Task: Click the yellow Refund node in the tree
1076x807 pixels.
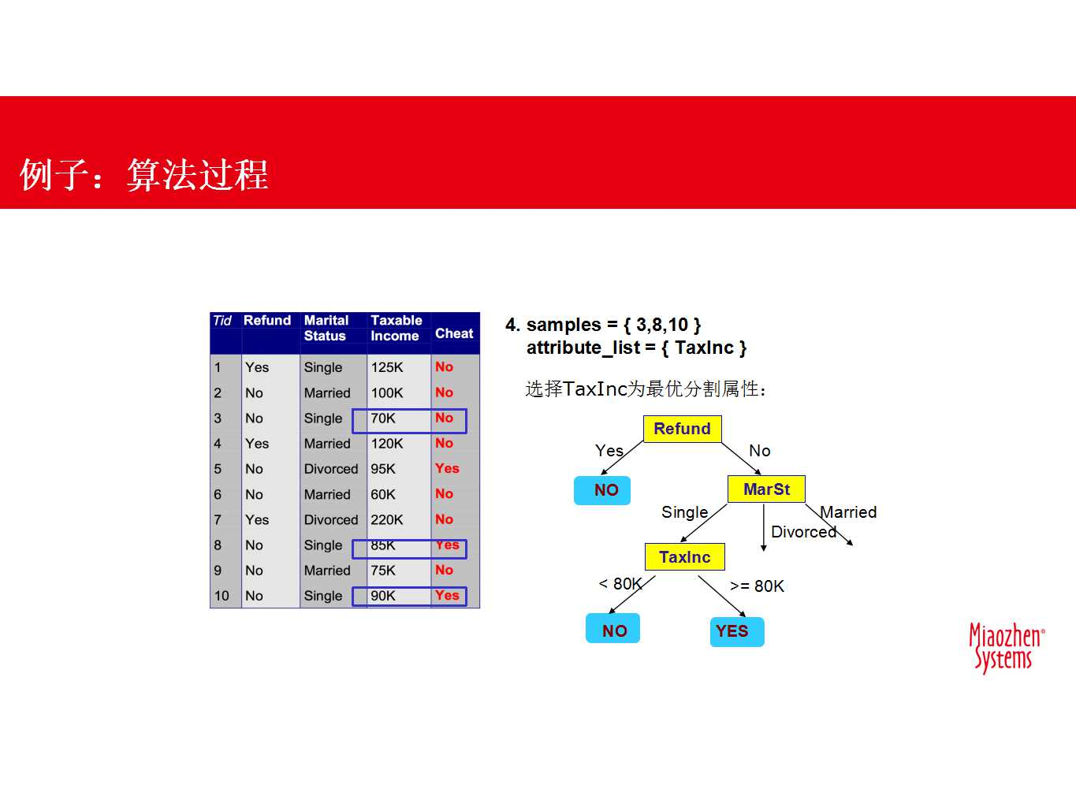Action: [682, 429]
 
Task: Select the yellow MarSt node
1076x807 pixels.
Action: [765, 489]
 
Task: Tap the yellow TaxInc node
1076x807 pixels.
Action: [684, 557]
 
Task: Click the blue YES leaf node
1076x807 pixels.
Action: [735, 631]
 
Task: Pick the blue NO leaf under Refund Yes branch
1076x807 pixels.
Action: [603, 490]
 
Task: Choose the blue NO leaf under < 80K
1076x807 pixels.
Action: [612, 630]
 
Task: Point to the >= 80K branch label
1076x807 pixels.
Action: [757, 586]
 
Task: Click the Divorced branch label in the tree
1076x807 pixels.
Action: [802, 532]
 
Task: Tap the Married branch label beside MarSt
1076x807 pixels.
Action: [848, 512]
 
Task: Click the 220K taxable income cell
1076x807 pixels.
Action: [387, 520]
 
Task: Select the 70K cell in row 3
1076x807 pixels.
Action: [384, 418]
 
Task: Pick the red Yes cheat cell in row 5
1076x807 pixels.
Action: [447, 469]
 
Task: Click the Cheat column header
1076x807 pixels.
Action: [454, 333]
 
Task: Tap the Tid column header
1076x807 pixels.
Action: [222, 321]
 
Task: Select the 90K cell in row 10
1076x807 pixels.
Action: [384, 596]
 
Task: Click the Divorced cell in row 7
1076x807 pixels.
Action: [331, 520]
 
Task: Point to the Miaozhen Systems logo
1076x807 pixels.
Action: [1005, 648]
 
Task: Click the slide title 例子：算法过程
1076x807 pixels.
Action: [144, 175]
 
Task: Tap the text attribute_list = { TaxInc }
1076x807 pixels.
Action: [635, 348]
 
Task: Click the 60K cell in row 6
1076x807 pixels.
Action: [384, 495]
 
